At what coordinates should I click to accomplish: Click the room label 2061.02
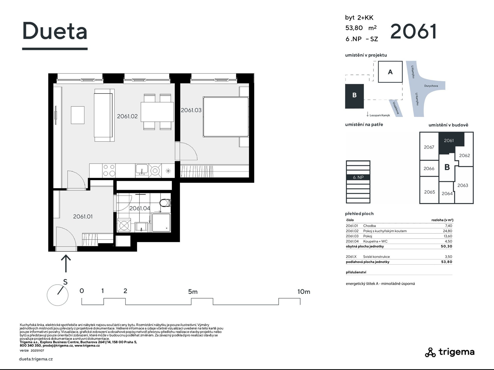[x=127, y=116]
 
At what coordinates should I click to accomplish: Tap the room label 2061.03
[x=191, y=110]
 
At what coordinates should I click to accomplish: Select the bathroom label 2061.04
[x=140, y=208]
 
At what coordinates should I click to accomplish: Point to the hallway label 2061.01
[x=83, y=217]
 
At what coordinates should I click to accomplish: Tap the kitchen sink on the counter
[x=142, y=170]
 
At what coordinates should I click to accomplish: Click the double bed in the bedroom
[x=226, y=117]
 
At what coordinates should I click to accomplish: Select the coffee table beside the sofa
[x=78, y=115]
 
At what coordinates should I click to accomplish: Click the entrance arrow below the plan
[x=66, y=263]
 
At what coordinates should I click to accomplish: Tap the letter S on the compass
[x=65, y=282]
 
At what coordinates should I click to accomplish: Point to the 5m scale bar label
[x=193, y=292]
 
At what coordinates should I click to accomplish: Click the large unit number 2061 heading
[x=413, y=32]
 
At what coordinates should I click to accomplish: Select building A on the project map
[x=390, y=72]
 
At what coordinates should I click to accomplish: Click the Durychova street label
[x=431, y=86]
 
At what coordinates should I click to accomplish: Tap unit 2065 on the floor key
[x=429, y=192]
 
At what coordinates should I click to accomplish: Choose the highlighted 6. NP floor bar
[x=358, y=177]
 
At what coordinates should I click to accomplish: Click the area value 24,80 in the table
[x=447, y=231]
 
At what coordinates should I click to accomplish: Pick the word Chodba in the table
[x=369, y=226]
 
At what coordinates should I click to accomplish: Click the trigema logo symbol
[x=430, y=352]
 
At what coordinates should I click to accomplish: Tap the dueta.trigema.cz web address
[x=36, y=359]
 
